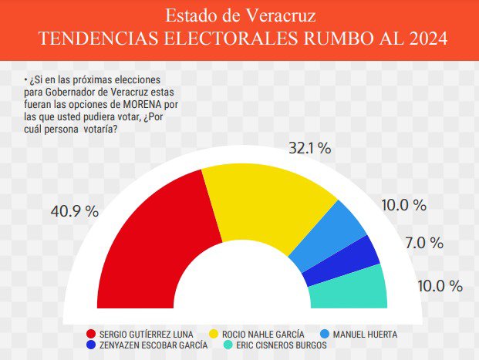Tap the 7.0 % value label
[424, 243]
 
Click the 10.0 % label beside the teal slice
[440, 286]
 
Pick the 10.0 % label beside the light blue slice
[404, 205]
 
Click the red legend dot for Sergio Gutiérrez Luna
[91, 334]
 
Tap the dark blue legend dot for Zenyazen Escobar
[91, 345]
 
